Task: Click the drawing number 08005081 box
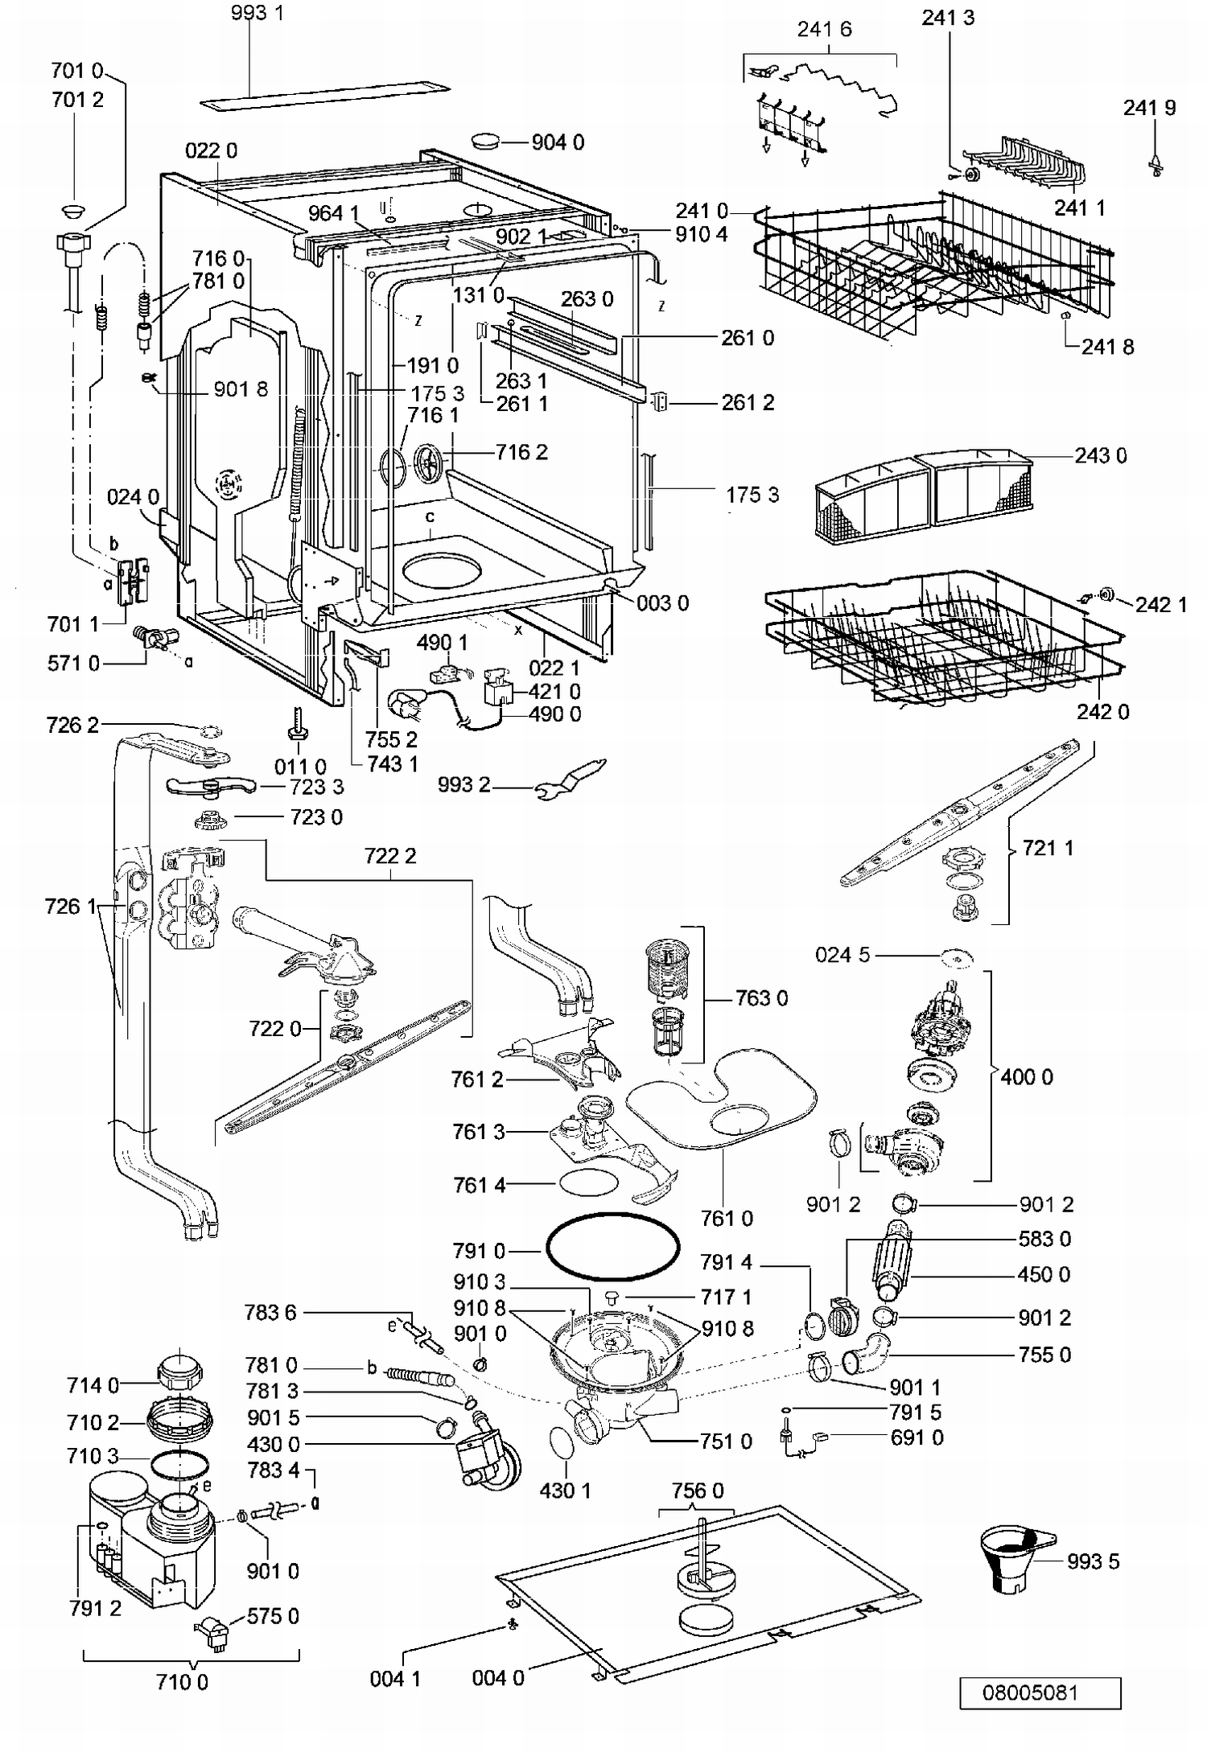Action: pyautogui.click(x=1040, y=1692)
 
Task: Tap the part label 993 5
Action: pyautogui.click(x=1093, y=1561)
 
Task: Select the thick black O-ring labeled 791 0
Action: pyautogui.click(x=613, y=1246)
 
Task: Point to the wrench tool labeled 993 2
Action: pyautogui.click(x=571, y=779)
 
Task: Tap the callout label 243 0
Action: pyautogui.click(x=1101, y=455)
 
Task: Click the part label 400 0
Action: pyautogui.click(x=1027, y=1076)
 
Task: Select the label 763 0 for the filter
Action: pyautogui.click(x=761, y=997)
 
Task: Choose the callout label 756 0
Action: pyautogui.click(x=698, y=1491)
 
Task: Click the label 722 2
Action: pyautogui.click(x=390, y=855)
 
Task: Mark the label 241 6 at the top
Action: pyautogui.click(x=824, y=29)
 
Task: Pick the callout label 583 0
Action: pyautogui.click(x=1044, y=1238)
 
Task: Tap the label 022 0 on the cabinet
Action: pyautogui.click(x=211, y=150)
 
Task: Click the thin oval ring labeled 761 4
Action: pyautogui.click(x=587, y=1183)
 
